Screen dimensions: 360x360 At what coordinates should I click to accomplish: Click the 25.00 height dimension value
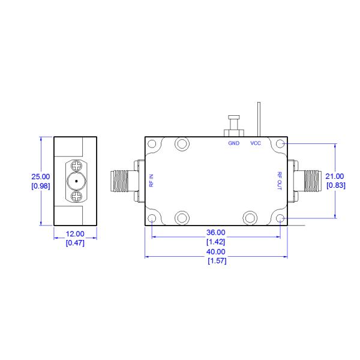click(41, 176)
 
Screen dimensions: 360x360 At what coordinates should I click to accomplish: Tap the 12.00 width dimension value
click(75, 234)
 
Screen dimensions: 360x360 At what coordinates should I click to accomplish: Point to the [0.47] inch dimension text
click(75, 242)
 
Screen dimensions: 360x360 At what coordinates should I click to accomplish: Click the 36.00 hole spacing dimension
click(216, 232)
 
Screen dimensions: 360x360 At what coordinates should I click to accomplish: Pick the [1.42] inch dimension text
click(216, 241)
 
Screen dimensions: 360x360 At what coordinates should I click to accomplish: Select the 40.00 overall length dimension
click(216, 252)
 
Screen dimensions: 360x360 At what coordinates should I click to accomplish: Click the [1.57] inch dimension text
click(216, 261)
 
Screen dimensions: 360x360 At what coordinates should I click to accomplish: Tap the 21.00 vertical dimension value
click(335, 176)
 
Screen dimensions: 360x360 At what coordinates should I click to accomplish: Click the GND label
click(233, 143)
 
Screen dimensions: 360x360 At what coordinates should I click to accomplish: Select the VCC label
click(256, 143)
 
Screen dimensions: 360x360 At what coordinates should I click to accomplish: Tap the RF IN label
click(152, 181)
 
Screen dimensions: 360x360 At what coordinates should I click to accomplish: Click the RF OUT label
click(280, 181)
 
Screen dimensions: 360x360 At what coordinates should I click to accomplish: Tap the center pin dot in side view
click(76, 181)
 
